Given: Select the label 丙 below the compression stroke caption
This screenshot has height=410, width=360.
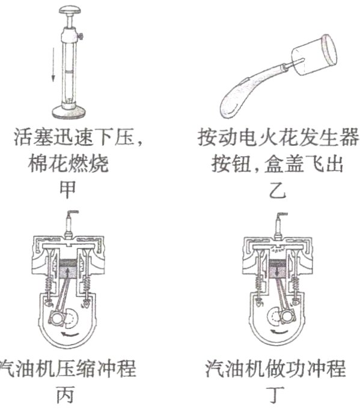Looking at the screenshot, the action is (x=66, y=394).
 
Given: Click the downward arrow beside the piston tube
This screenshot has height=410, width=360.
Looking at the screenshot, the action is (x=53, y=64).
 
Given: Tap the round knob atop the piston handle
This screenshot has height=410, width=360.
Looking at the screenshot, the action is (x=70, y=10).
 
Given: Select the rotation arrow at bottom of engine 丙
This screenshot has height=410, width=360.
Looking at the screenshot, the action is (x=69, y=334).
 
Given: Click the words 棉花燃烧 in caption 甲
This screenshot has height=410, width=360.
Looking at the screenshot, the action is (x=68, y=164).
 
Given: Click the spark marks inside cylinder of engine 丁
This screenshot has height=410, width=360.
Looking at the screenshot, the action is (x=279, y=249).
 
